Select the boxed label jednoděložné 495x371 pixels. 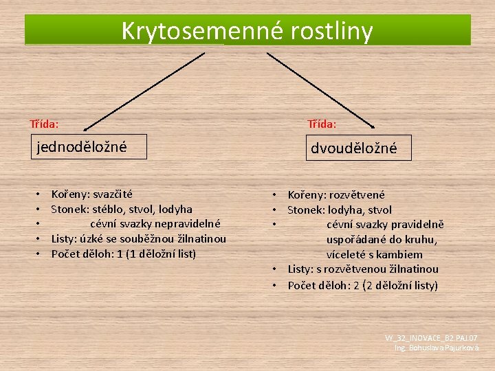point(82,146)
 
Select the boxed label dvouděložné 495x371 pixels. point(354,148)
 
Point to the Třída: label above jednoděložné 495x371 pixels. point(44,124)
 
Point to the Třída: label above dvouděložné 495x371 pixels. point(322,124)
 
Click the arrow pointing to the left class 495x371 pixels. point(137,89)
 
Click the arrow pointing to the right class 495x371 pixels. point(320,89)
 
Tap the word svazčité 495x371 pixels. point(113,194)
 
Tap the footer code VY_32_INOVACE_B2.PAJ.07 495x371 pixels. point(432,338)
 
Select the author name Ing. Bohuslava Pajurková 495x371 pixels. point(437,348)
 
